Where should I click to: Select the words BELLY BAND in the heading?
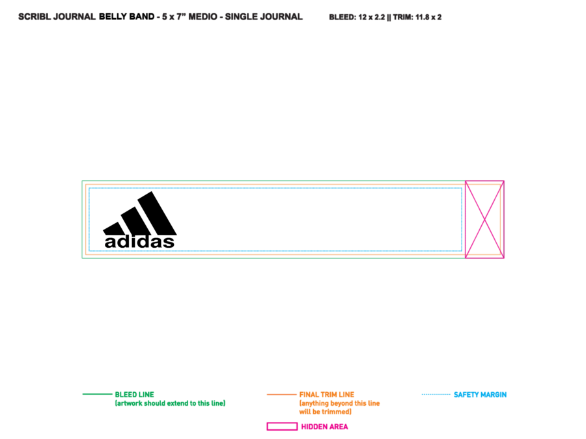coord(127,17)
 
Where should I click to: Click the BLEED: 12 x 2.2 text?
coord(357,17)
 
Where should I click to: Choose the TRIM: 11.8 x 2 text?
coord(417,17)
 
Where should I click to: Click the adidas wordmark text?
coord(139,242)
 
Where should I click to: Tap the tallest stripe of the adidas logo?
coord(157,213)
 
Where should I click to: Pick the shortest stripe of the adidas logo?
coord(113,228)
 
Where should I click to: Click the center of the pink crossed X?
coord(484,220)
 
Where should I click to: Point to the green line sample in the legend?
coord(97,394)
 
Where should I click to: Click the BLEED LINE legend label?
coord(135,395)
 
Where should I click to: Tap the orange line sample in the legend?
coord(281,394)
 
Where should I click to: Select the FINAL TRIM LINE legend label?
coord(327,395)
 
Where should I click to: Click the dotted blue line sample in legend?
coord(436,394)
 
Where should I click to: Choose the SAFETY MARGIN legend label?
coord(481,395)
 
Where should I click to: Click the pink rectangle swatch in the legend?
coord(282,426)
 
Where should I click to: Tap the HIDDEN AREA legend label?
coord(324,427)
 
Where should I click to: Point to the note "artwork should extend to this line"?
coord(170,403)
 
